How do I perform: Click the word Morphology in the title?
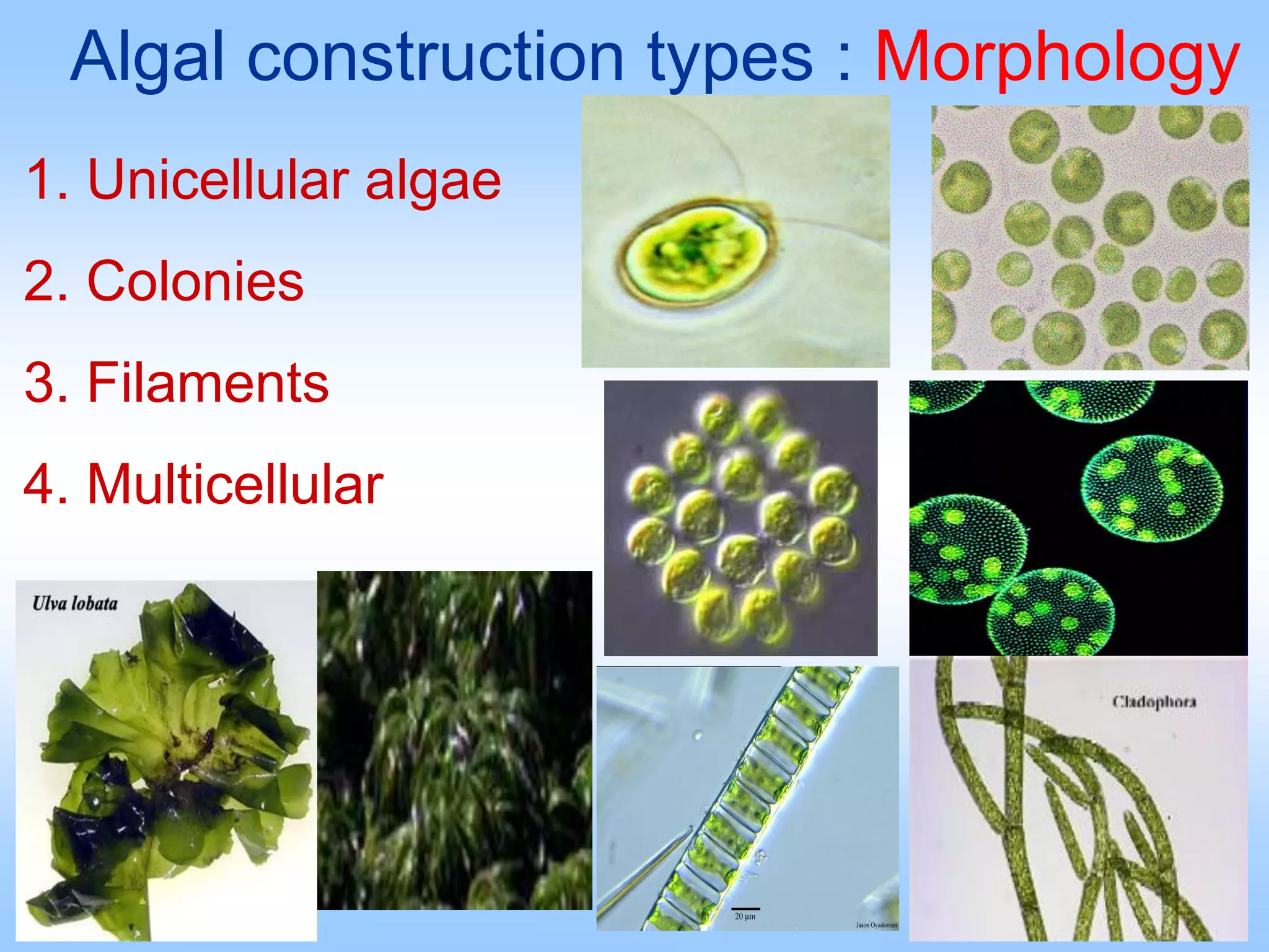coord(1056,59)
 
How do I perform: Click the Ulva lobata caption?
coord(75,603)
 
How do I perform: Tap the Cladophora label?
coord(1154,702)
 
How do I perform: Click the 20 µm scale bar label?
coord(745,916)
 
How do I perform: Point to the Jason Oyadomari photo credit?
coord(876,925)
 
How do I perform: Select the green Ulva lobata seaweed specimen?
coord(167,762)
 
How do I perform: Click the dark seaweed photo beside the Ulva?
coord(454,741)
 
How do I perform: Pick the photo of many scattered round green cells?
coord(1090,238)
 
